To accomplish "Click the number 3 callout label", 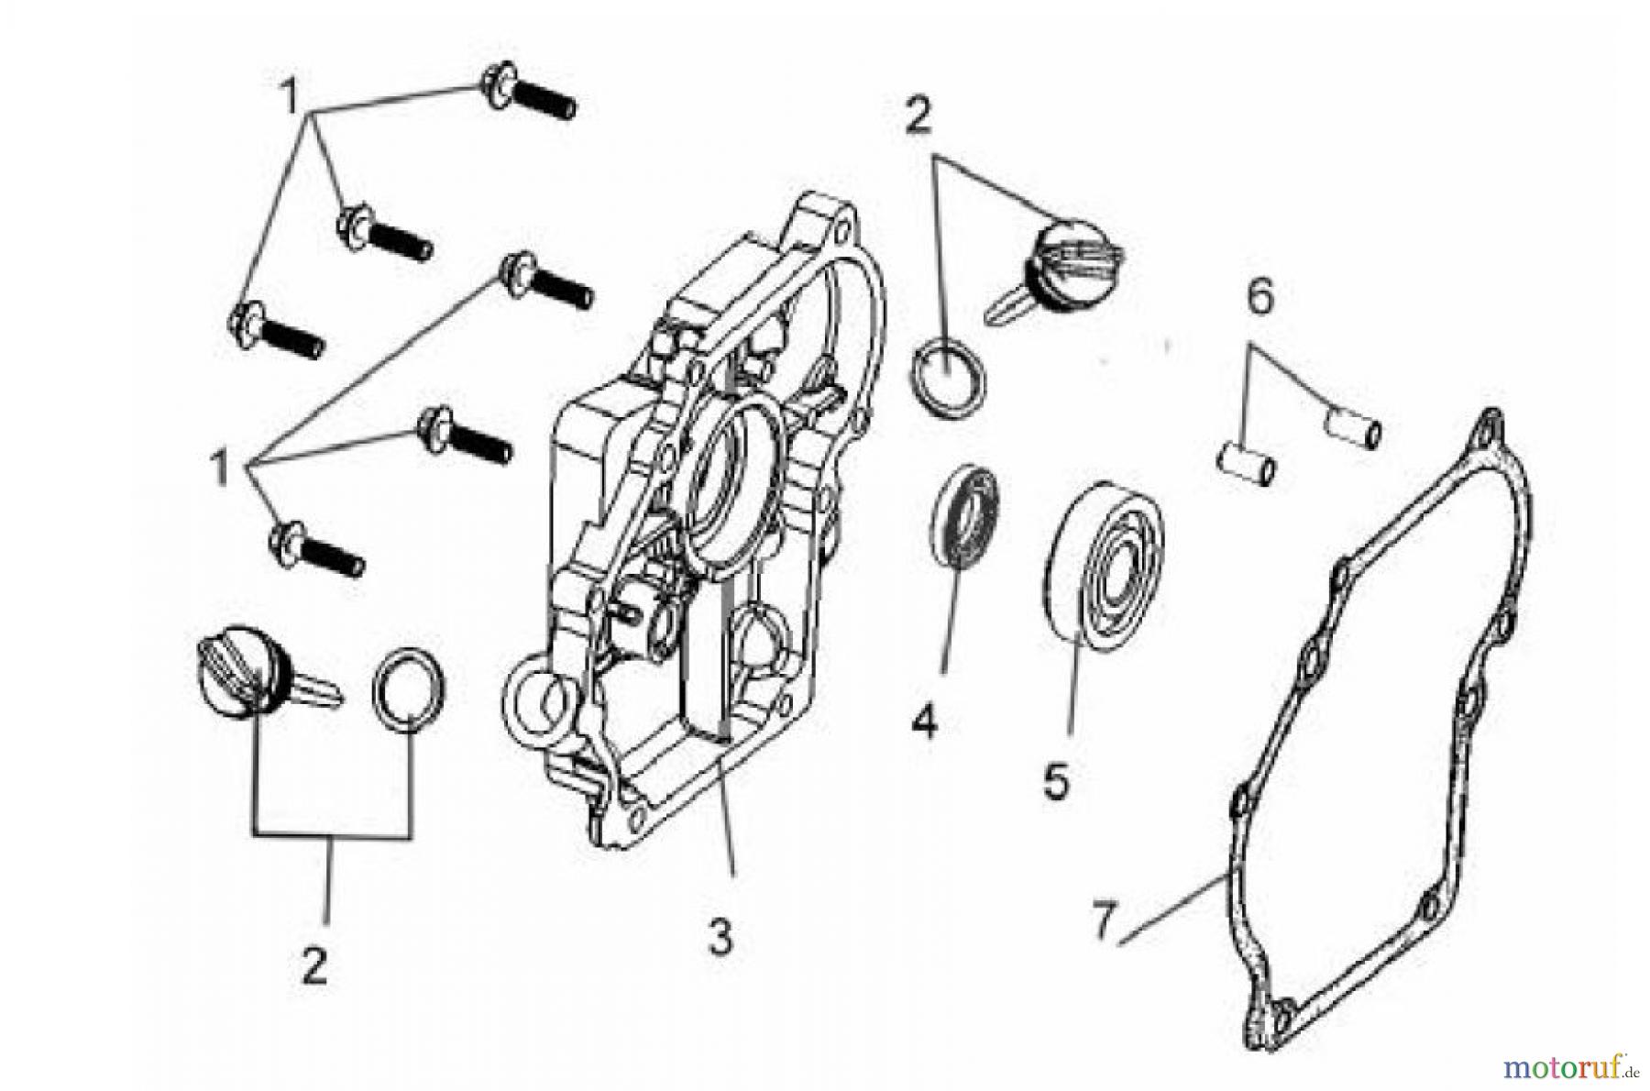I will point(721,936).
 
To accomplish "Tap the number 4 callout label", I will point(924,722).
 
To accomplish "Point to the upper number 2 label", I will point(918,117).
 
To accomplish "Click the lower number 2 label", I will point(314,964).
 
